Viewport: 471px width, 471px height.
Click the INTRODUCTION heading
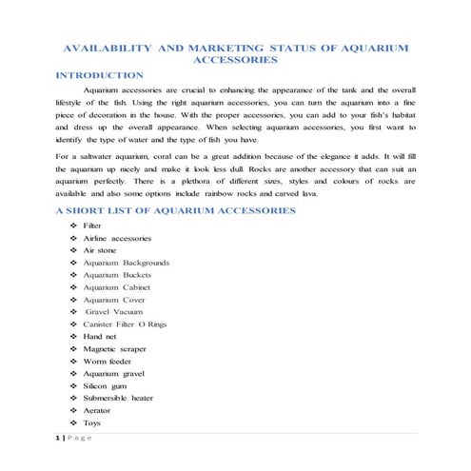100,74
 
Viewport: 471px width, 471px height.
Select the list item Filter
92,225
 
